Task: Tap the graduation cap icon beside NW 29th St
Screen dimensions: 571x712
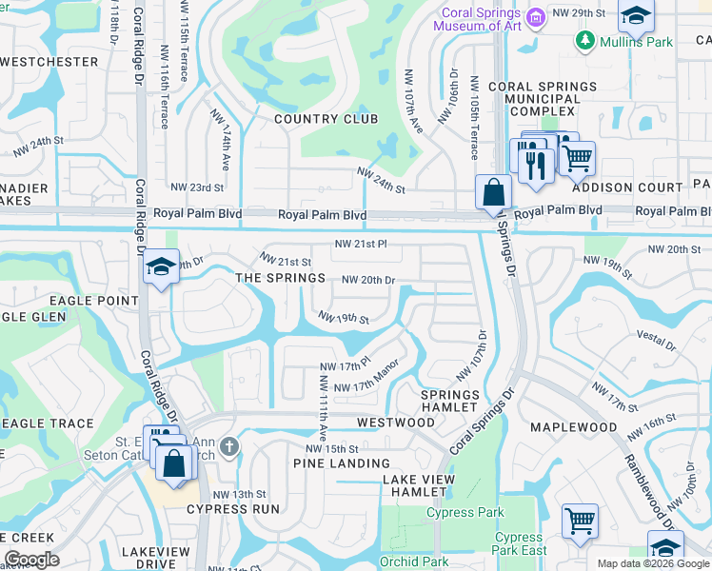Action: [x=635, y=15]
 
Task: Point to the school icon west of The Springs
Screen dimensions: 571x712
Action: [x=162, y=268]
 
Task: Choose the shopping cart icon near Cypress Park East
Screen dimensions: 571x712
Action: [x=580, y=521]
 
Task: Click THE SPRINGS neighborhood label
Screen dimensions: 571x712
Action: [x=280, y=278]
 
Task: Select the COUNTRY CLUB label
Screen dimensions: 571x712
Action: [x=326, y=119]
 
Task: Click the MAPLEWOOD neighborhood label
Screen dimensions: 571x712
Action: [x=573, y=427]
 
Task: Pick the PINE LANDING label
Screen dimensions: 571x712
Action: [x=328, y=463]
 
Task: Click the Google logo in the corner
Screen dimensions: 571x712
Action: [x=31, y=560]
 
